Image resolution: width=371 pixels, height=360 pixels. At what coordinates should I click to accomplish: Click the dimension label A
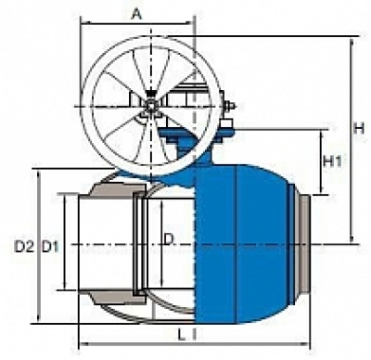[136, 14]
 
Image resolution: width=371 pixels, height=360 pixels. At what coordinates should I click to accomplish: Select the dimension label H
[360, 128]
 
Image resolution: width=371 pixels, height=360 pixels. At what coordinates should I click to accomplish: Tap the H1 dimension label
[332, 161]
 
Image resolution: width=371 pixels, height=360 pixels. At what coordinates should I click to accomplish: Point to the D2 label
[24, 247]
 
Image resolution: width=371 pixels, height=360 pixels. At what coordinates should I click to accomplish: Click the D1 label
[50, 247]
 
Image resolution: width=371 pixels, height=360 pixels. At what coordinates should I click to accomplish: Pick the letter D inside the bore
[169, 239]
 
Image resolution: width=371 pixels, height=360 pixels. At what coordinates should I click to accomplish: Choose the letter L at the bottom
[182, 334]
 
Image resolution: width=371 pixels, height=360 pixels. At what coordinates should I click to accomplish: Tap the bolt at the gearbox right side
[229, 106]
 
